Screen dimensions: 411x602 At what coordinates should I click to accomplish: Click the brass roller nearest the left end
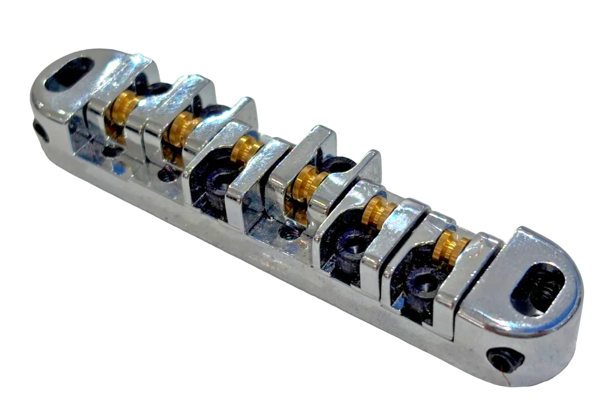123,108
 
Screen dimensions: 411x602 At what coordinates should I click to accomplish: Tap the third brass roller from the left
246,149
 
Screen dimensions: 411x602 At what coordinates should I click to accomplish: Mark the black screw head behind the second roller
213,110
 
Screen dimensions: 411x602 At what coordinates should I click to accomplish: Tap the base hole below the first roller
111,151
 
